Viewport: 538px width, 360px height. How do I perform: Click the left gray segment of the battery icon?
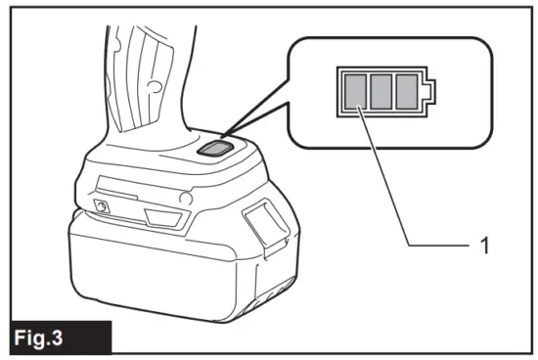(353, 92)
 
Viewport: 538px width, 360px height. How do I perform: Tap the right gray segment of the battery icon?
(405, 92)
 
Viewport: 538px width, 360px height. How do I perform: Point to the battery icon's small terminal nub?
(427, 92)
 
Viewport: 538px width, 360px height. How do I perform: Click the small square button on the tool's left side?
(100, 205)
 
